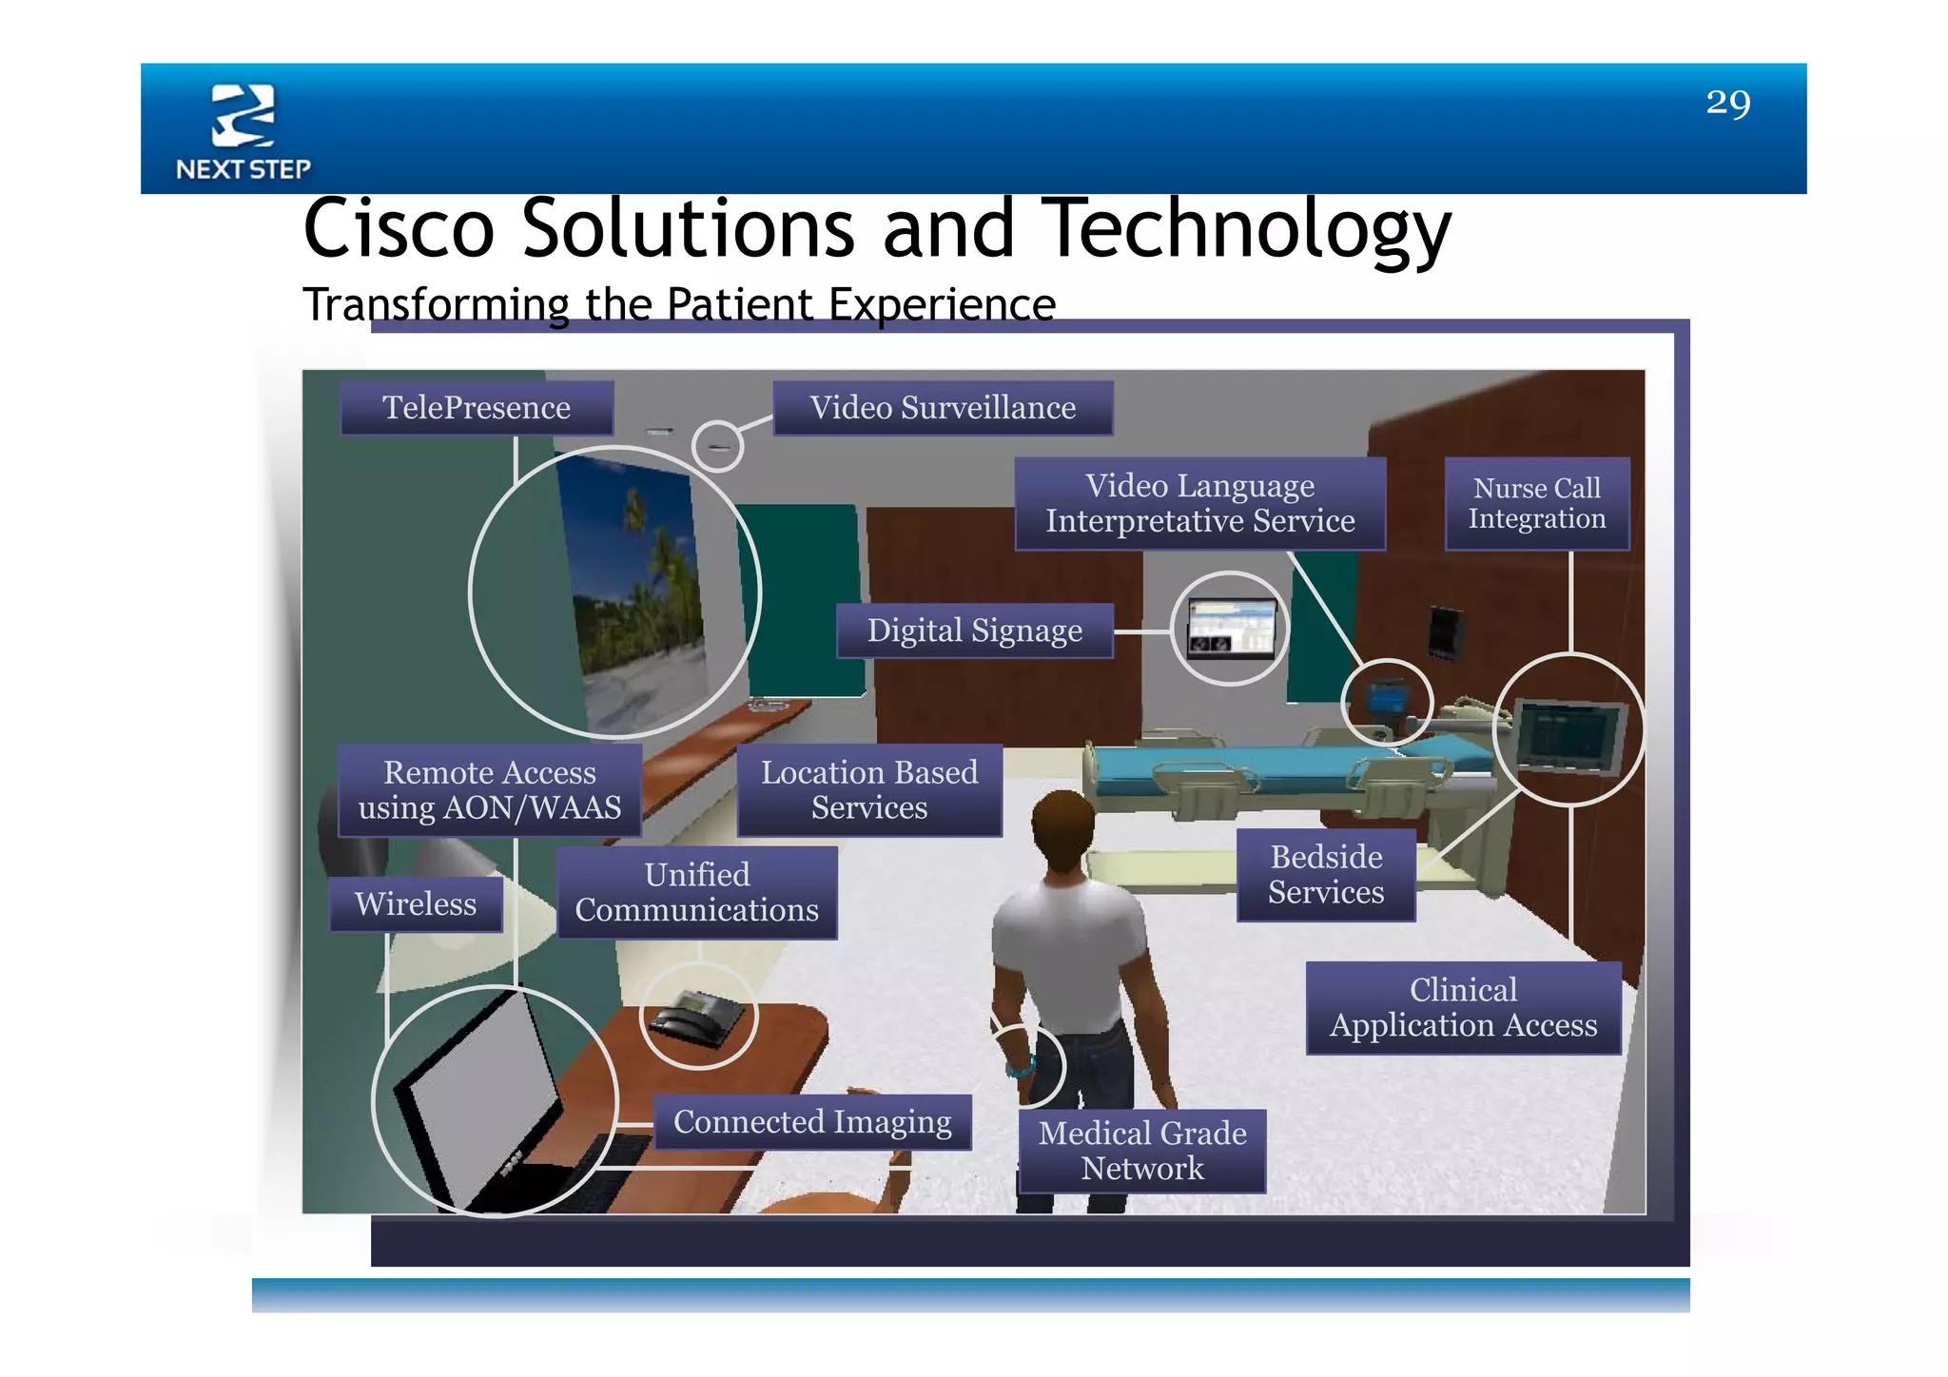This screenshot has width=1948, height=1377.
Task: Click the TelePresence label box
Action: pos(477,408)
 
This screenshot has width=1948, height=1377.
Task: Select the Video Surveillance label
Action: pos(943,408)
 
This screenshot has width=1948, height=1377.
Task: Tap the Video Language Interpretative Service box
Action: pos(1199,503)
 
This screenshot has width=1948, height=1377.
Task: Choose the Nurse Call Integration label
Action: pos(1536,503)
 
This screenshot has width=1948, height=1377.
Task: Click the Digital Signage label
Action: pos(974,630)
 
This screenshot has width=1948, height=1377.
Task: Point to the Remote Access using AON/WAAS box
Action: pos(489,790)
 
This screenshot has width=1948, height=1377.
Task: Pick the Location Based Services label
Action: pos(868,790)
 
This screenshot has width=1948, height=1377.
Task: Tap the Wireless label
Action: pos(416,903)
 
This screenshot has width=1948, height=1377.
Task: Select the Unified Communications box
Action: pos(696,892)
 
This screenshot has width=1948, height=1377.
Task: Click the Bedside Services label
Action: pos(1326,874)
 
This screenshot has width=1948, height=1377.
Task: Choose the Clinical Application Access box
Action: pos(1463,1007)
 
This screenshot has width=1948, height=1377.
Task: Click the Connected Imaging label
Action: pos(812,1122)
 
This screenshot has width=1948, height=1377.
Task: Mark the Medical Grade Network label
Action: pos(1141,1151)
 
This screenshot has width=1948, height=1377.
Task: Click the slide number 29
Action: pos(1727,103)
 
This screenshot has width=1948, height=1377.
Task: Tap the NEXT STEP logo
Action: pos(243,131)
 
